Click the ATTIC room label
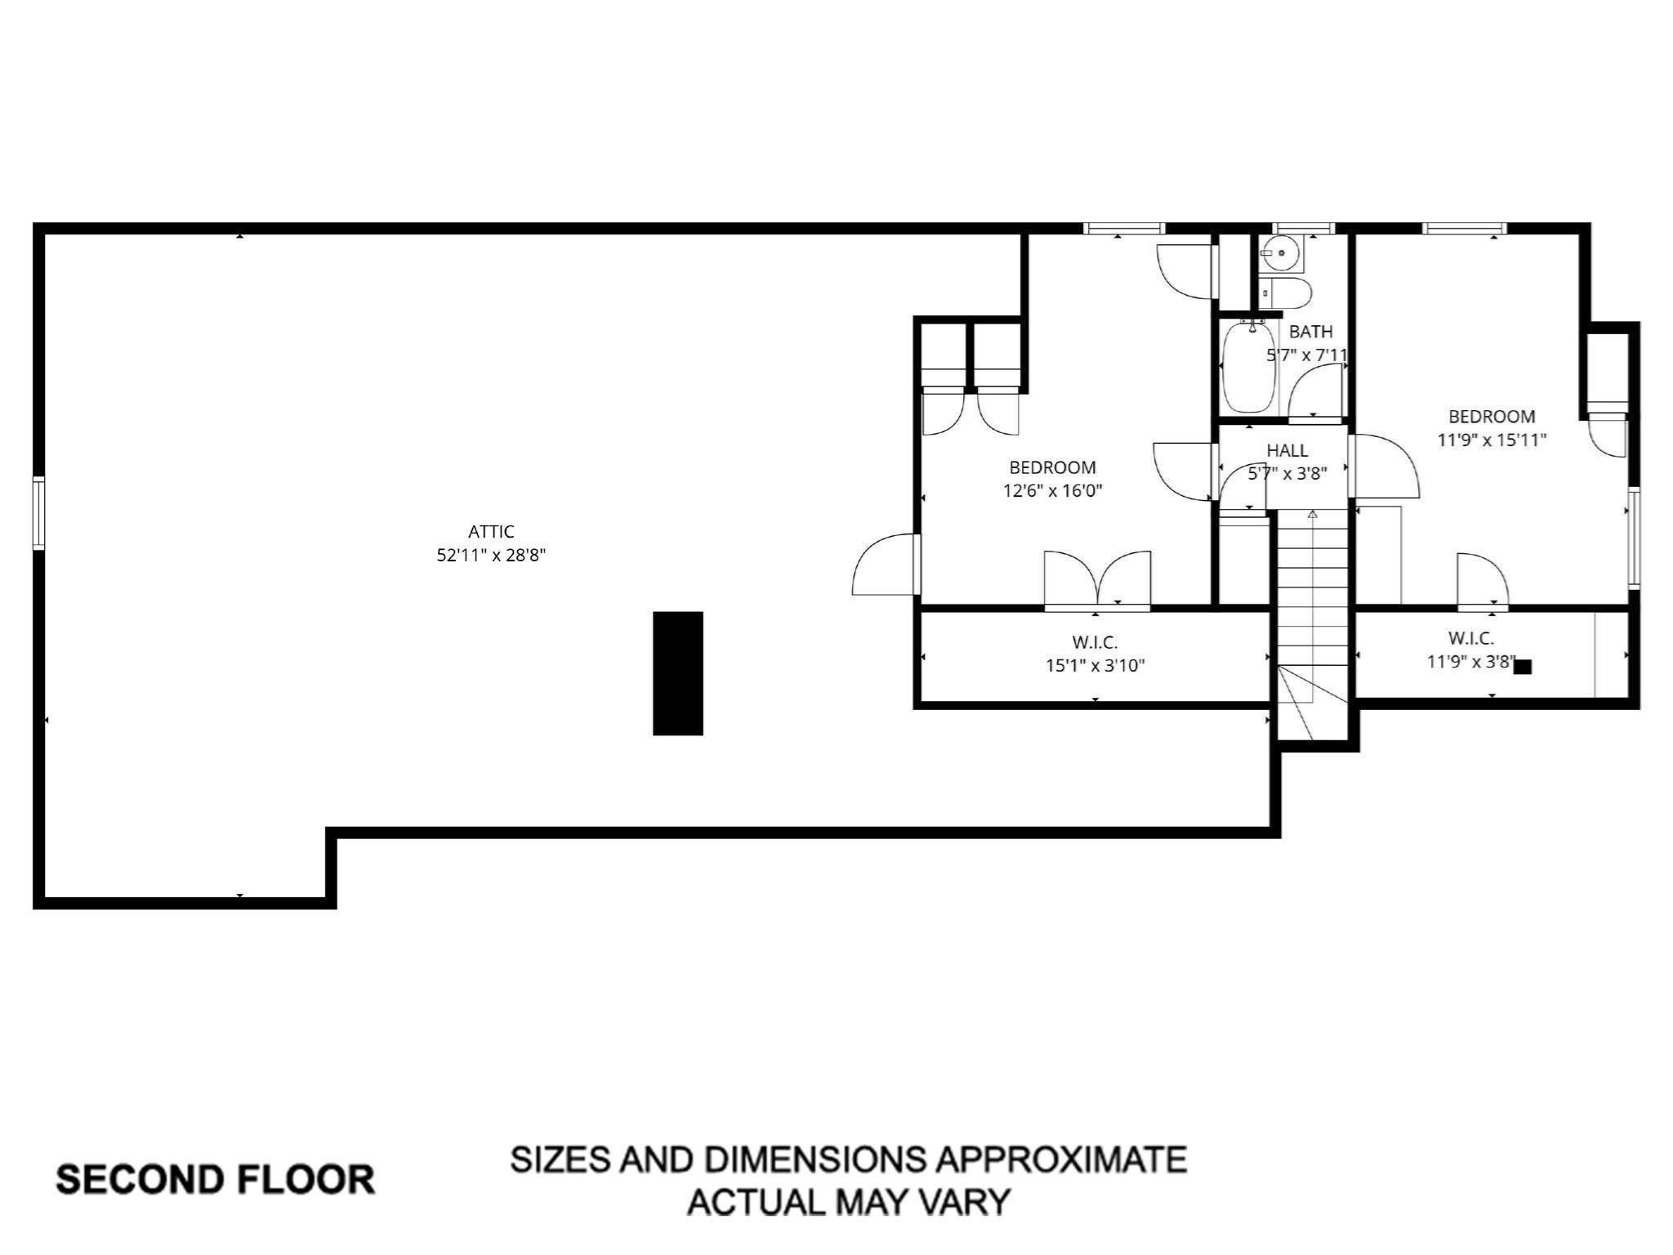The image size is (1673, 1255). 491,532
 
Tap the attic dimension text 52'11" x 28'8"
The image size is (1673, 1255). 491,556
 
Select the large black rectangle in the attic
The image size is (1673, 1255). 678,673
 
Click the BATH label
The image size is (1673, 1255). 1310,332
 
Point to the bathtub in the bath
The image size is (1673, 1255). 1248,367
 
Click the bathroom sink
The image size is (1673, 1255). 1279,253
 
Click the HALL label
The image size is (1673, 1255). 1287,450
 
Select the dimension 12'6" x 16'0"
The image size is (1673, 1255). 1053,491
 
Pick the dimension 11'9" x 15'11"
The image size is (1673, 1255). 1492,440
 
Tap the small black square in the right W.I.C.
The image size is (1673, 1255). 1523,667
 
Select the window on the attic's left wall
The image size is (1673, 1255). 38,513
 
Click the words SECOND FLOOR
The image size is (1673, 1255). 215,1180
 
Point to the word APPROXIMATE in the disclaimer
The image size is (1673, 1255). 1061,1159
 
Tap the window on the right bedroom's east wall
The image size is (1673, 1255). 1634,538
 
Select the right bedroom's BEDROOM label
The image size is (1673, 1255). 1492,417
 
